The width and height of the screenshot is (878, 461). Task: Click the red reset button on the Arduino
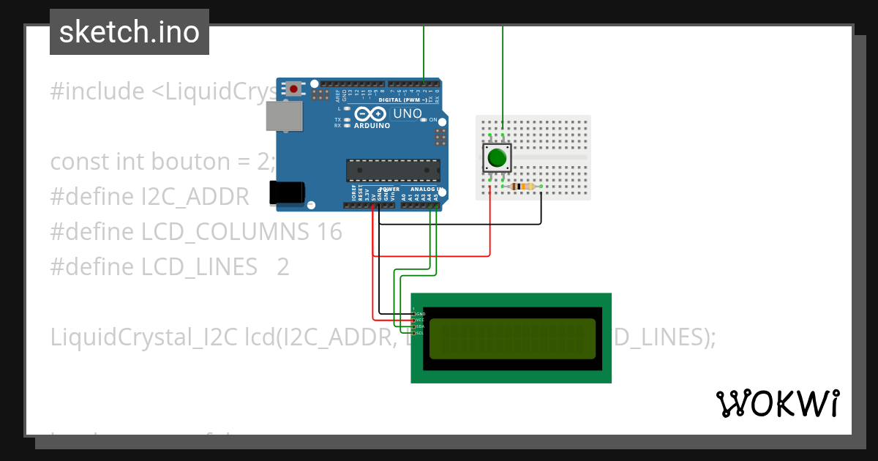pyautogui.click(x=294, y=89)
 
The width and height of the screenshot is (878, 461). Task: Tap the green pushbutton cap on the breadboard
pyautogui.click(x=497, y=158)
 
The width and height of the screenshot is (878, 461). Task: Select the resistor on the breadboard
pyautogui.click(x=522, y=187)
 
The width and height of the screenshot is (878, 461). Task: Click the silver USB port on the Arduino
pyautogui.click(x=284, y=116)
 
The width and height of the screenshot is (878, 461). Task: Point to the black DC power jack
pyautogui.click(x=287, y=192)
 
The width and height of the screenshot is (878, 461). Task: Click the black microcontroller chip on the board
pyautogui.click(x=393, y=170)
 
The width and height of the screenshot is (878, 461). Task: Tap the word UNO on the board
pyautogui.click(x=408, y=113)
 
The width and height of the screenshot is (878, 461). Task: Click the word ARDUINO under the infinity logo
pyautogui.click(x=372, y=125)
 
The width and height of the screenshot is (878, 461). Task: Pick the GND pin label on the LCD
pyautogui.click(x=420, y=314)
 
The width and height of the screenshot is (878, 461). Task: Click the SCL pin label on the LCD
pyautogui.click(x=420, y=333)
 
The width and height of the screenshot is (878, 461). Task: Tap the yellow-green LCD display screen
pyautogui.click(x=512, y=339)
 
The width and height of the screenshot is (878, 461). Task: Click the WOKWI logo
pyautogui.click(x=778, y=403)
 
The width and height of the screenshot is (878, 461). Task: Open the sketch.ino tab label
pyautogui.click(x=130, y=32)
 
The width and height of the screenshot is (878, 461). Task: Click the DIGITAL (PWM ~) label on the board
pyautogui.click(x=402, y=99)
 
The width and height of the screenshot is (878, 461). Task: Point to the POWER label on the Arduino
pyautogui.click(x=389, y=190)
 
